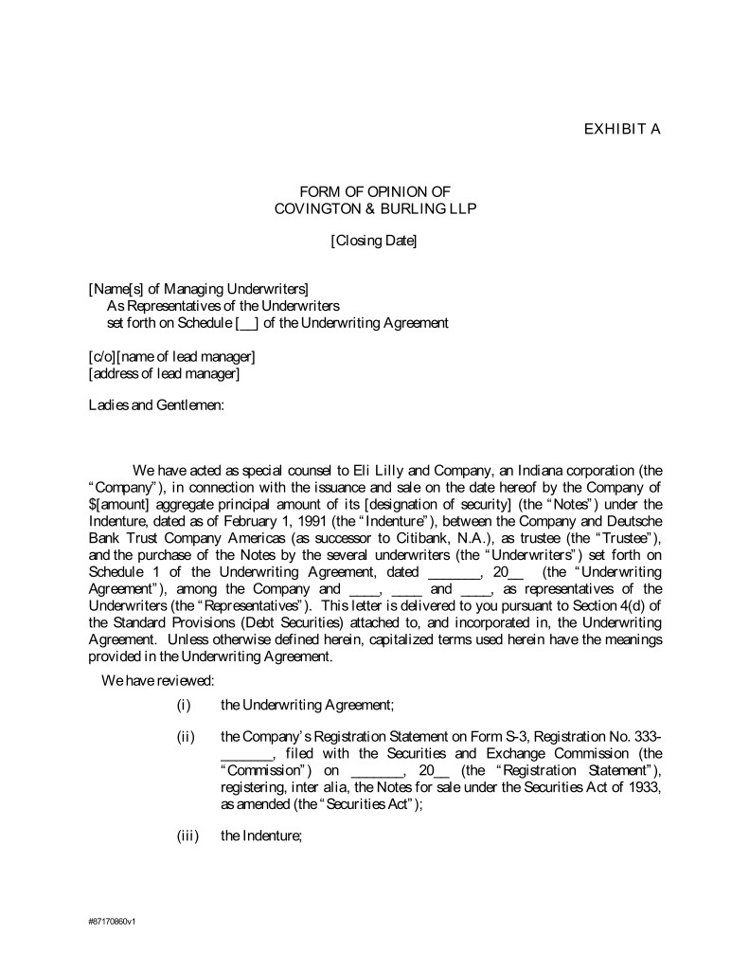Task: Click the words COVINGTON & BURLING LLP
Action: pyautogui.click(x=374, y=208)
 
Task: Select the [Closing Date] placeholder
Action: pyautogui.click(x=374, y=241)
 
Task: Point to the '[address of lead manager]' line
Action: pyautogui.click(x=164, y=373)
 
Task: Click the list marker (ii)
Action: pyautogui.click(x=186, y=737)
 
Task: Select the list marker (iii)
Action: pyautogui.click(x=187, y=836)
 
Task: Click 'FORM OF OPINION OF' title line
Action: pyautogui.click(x=374, y=191)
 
